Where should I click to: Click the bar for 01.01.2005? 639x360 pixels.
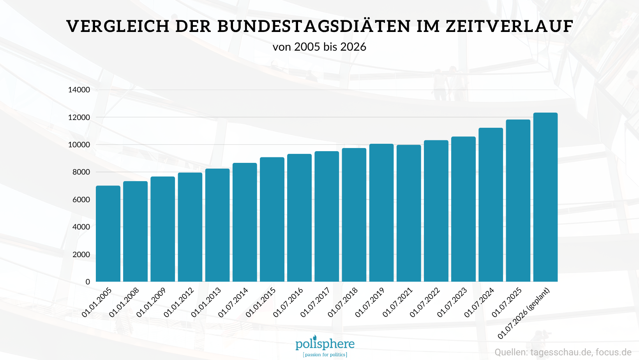(x=108, y=234)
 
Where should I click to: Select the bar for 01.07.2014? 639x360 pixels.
(x=245, y=222)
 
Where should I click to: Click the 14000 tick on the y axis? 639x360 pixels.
(x=79, y=90)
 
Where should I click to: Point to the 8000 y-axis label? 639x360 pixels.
(x=81, y=172)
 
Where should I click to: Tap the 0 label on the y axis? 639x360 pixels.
(x=88, y=282)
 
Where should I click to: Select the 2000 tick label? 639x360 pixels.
(x=81, y=254)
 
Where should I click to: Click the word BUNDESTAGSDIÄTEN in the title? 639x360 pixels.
(x=314, y=26)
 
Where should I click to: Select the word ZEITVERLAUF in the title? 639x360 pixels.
(x=509, y=26)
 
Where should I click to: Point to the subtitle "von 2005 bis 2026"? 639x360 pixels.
(x=319, y=47)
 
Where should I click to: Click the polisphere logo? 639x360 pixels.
(x=325, y=343)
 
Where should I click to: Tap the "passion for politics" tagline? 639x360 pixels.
(x=325, y=355)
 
